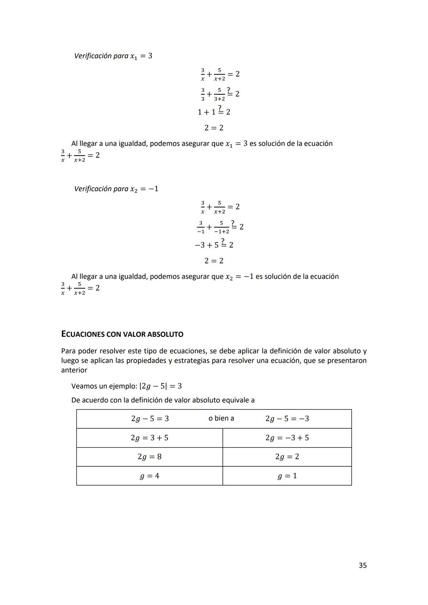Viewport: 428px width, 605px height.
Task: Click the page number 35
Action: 362,565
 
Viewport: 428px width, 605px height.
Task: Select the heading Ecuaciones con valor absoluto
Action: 122,334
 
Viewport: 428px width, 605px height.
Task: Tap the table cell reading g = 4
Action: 149,476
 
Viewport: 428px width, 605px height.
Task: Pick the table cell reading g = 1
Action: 287,476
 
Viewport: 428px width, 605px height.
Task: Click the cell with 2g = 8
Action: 149,457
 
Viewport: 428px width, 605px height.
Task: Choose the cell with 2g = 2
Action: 287,457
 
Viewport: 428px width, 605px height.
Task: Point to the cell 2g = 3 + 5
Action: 149,438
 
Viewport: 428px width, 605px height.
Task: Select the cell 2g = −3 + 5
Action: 287,438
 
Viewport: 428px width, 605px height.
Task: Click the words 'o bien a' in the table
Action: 221,418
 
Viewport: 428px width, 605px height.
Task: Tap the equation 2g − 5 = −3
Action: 287,419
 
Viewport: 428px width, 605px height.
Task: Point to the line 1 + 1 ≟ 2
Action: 214,111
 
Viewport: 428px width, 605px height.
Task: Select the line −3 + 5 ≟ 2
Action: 214,244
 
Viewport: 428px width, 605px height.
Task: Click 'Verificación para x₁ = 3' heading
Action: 113,56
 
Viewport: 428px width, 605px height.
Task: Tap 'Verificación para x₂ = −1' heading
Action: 116,189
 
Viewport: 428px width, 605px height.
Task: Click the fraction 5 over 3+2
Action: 219,94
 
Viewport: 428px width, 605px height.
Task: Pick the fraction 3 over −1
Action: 201,227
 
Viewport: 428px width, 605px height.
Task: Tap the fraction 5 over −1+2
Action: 222,227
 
